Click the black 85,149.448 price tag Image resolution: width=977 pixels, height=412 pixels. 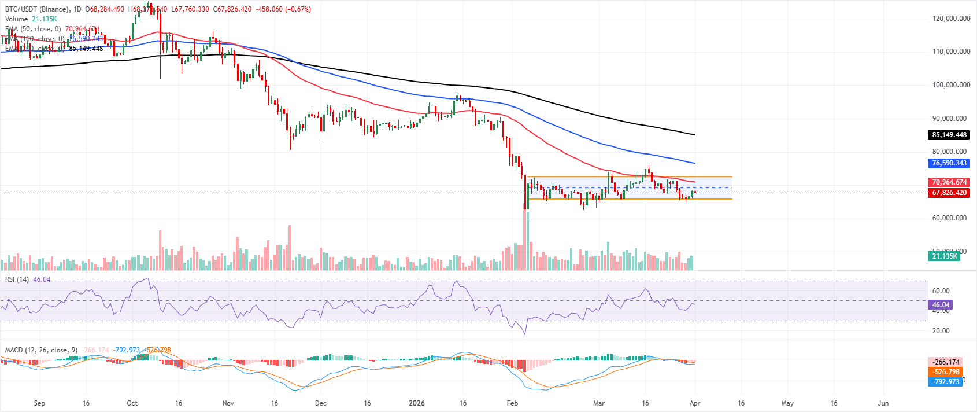(x=949, y=135)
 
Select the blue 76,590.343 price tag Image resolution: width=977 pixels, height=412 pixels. (x=949, y=163)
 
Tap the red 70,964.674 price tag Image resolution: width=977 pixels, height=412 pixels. (x=949, y=182)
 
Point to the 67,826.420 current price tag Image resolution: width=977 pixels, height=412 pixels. (x=949, y=193)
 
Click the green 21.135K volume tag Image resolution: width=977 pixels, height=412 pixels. (x=944, y=256)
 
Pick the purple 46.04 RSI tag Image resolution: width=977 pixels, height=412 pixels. (x=941, y=305)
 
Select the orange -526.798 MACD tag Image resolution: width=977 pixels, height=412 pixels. (x=945, y=372)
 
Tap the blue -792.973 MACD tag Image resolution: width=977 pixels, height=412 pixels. (x=945, y=382)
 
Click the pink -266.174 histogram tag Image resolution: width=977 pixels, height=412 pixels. (x=945, y=362)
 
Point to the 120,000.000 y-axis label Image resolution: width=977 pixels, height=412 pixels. (x=951, y=19)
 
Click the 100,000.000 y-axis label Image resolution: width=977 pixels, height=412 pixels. (x=951, y=85)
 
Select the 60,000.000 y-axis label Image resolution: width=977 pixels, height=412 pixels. (x=951, y=218)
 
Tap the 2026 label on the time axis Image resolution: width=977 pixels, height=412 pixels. (x=416, y=403)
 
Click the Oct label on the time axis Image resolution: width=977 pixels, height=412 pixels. (x=132, y=403)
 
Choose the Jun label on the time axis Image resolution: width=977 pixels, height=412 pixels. (x=883, y=403)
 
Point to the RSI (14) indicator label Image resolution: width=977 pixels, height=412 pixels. (x=17, y=279)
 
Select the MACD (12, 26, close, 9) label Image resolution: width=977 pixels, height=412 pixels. (x=41, y=350)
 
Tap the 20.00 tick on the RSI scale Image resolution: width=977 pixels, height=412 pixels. (x=941, y=331)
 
